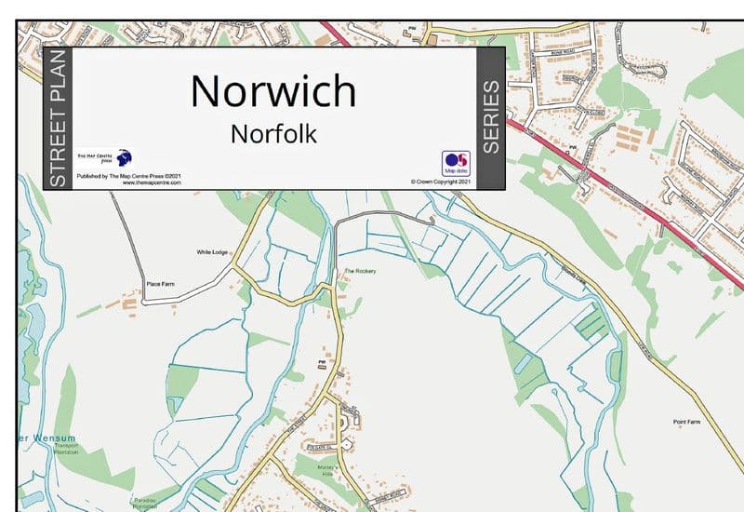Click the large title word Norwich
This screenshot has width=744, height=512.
273,91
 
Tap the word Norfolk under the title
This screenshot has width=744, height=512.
273,134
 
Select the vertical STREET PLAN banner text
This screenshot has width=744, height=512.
57,119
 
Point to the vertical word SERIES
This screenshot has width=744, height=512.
490,117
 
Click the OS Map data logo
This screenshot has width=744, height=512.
456,163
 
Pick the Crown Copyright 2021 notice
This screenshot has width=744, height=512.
440,182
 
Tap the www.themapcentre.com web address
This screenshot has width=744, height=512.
151,182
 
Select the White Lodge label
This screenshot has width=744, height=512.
212,252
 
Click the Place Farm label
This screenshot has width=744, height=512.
160,284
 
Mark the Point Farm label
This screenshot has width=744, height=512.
686,423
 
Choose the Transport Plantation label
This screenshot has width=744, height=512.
68,449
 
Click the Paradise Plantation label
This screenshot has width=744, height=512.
145,503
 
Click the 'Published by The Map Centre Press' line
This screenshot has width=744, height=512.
128,176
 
